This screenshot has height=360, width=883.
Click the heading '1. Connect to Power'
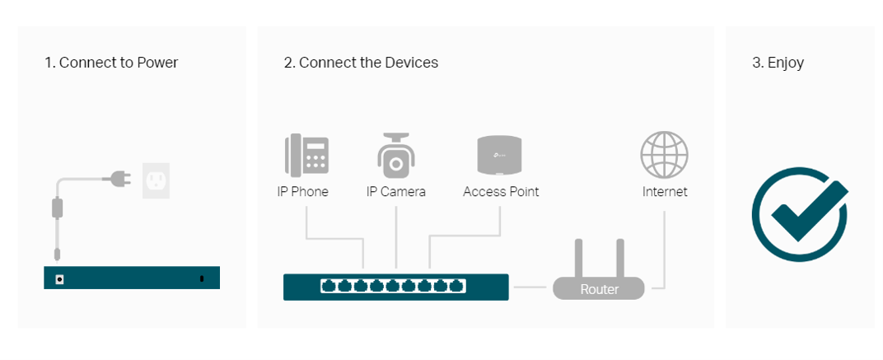111,63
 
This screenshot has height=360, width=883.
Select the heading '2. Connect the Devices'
361,63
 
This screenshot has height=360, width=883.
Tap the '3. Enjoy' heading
778,63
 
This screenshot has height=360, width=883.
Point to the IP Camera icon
396,155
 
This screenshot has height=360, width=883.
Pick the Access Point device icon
500,155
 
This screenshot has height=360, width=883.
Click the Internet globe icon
664,155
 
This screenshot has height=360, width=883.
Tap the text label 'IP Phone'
303,192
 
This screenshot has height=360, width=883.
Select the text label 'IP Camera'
396,192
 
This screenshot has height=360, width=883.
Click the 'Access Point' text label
501,192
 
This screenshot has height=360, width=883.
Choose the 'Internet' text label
665,192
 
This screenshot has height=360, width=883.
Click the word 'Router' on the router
599,290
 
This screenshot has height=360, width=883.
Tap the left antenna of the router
579,258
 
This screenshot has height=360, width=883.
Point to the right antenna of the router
619,258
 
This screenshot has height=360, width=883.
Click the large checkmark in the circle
800,213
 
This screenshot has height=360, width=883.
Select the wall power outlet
157,179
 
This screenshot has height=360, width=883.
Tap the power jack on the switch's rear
59,278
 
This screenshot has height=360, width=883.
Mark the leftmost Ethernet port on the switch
329,287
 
